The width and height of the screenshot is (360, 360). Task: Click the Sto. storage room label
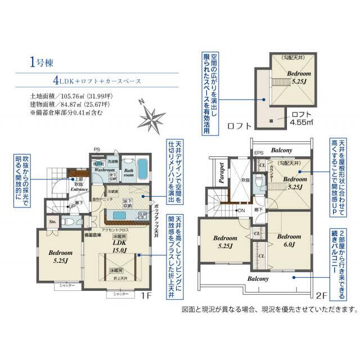tap(52, 222)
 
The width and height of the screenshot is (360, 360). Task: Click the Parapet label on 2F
tap(222, 173)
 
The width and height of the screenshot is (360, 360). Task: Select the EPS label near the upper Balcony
tap(259, 152)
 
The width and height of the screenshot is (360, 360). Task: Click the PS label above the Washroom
tap(97, 150)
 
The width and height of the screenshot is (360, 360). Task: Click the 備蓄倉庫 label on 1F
tap(92, 235)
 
